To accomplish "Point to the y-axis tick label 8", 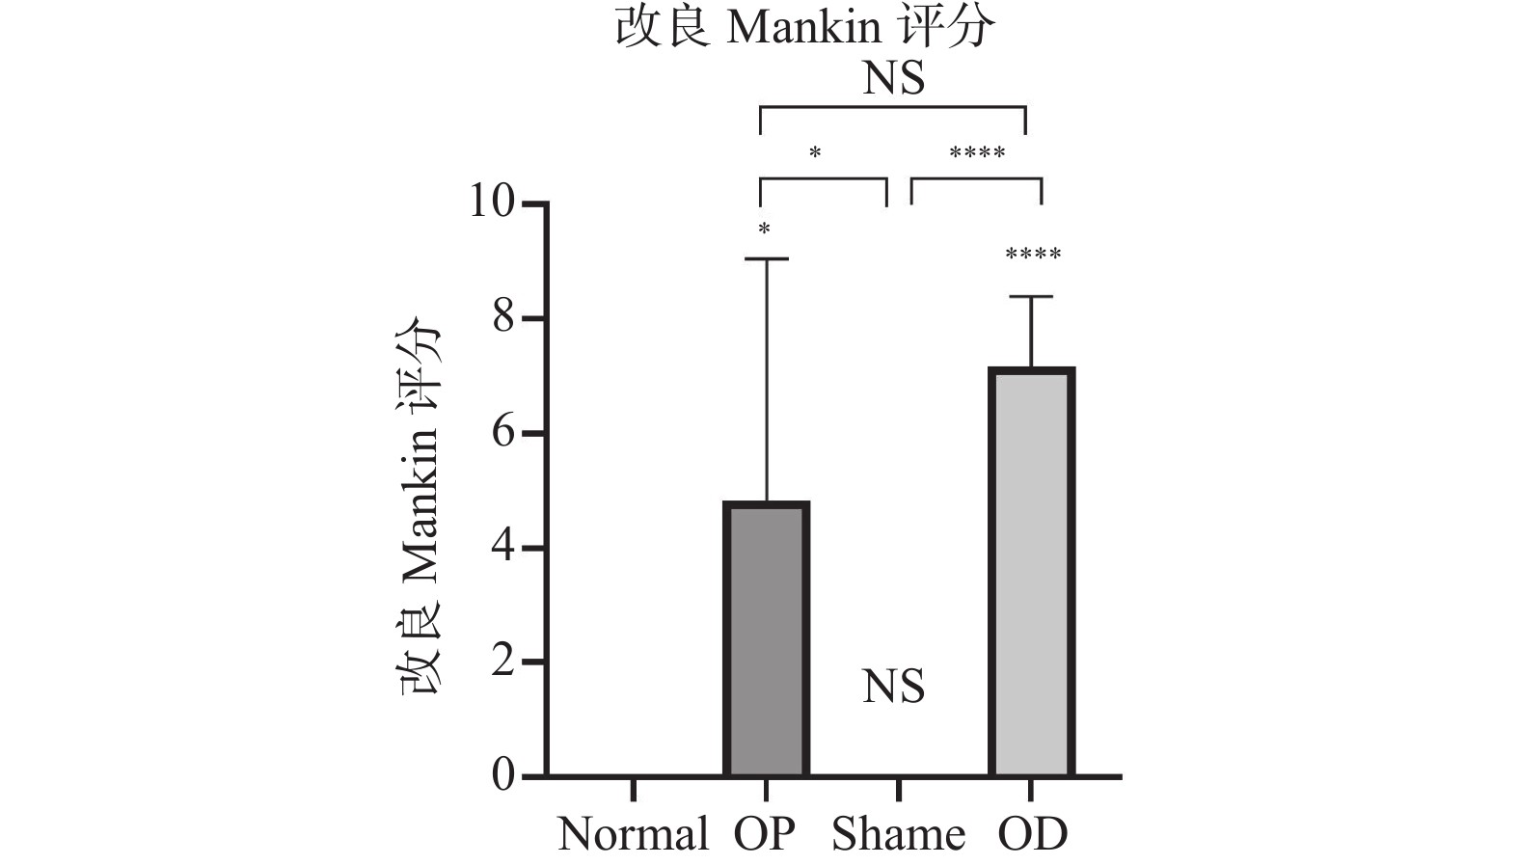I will click(503, 317).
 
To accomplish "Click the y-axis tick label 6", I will click(503, 432).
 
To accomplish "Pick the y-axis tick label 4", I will click(503, 547).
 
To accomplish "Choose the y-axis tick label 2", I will click(503, 662).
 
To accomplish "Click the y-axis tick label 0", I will click(503, 775).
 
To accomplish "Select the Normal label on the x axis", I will click(633, 834).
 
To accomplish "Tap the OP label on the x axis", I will click(765, 834).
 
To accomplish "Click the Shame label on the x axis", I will click(898, 834).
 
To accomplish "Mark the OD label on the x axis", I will click(1032, 834).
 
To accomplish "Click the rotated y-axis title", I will click(420, 506).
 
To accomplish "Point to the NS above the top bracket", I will click(893, 78).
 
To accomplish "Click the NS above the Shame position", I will click(893, 687).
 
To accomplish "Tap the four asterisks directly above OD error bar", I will click(1033, 256).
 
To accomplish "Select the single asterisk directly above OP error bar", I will click(764, 230).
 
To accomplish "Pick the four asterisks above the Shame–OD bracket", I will click(977, 153).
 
